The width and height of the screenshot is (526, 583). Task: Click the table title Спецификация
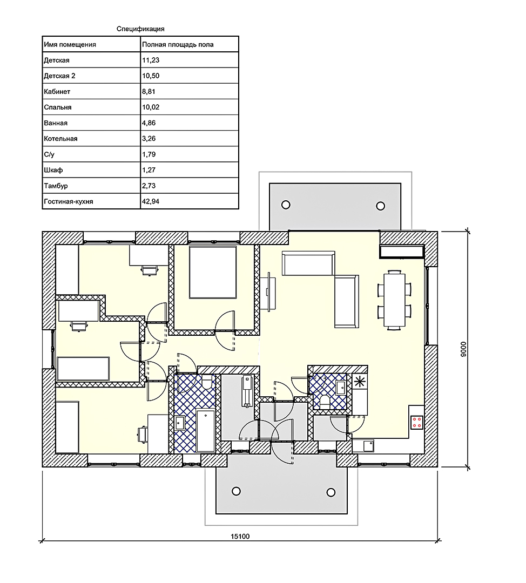click(140, 29)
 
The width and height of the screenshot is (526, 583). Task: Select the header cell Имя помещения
click(70, 45)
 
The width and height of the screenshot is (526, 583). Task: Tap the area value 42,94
click(151, 201)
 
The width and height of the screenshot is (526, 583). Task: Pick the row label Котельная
click(60, 139)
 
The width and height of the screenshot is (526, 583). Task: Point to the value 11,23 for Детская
click(151, 60)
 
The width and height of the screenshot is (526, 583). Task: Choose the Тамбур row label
click(56, 186)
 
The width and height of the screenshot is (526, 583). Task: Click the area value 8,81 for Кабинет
click(149, 91)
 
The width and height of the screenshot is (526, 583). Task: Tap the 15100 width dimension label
click(240, 536)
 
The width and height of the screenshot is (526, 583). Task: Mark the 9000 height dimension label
click(463, 349)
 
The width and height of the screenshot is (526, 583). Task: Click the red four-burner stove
click(417, 422)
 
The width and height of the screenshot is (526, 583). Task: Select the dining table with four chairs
click(395, 299)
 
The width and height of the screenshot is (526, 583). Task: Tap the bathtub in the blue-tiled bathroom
click(206, 431)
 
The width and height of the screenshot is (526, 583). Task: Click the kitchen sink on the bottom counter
click(368, 445)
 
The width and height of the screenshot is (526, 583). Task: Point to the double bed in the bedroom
click(213, 272)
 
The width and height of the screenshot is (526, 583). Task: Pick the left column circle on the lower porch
click(236, 491)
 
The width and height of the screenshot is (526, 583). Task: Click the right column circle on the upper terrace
click(381, 206)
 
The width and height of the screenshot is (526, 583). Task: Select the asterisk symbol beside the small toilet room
click(360, 382)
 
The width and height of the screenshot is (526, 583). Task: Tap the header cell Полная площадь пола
click(178, 45)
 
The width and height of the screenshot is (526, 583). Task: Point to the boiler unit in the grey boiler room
click(247, 391)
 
